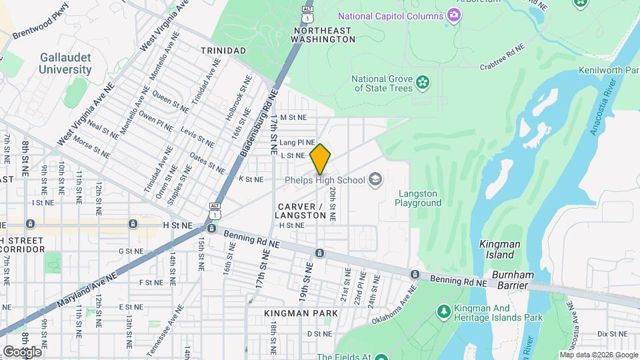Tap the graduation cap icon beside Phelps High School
point(375,179)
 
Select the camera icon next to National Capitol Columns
point(454,15)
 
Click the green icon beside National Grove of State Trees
point(422,82)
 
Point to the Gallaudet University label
point(65,63)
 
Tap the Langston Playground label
point(419,198)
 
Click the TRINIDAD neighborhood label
point(223,51)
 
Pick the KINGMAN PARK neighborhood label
point(291,313)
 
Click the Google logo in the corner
point(22,351)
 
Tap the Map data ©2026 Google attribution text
point(599,355)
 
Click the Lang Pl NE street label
point(297,142)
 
